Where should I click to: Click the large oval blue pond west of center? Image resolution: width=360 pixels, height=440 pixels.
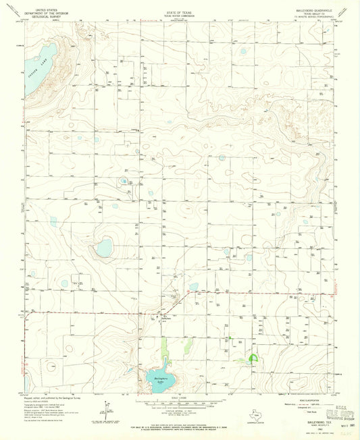[x=104, y=248]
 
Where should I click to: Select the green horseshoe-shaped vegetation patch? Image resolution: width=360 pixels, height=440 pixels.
[x=254, y=359]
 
